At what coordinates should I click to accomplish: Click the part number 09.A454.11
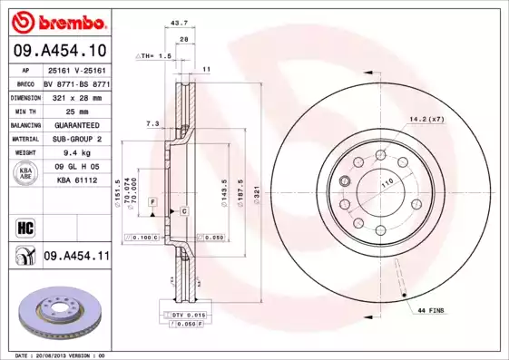coord(76,258)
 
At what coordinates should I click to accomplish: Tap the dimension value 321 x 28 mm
coord(76,96)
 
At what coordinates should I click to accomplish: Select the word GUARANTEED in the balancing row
coord(76,125)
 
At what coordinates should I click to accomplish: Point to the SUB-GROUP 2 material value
coord(76,139)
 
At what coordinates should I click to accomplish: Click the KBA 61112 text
coord(76,181)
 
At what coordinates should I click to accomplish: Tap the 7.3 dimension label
coord(152,122)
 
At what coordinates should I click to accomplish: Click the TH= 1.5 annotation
coord(153,56)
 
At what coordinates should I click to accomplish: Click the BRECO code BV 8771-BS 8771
coord(76,83)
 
